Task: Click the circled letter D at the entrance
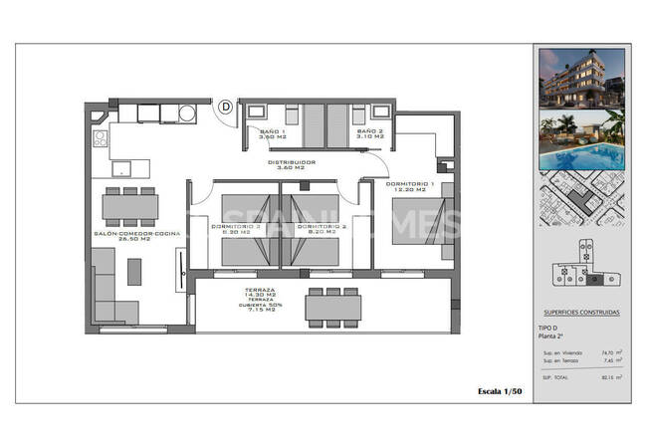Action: (225, 105)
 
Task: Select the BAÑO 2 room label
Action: (368, 135)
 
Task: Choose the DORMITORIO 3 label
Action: (236, 229)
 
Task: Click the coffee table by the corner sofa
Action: (134, 272)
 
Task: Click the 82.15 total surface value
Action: (604, 377)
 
